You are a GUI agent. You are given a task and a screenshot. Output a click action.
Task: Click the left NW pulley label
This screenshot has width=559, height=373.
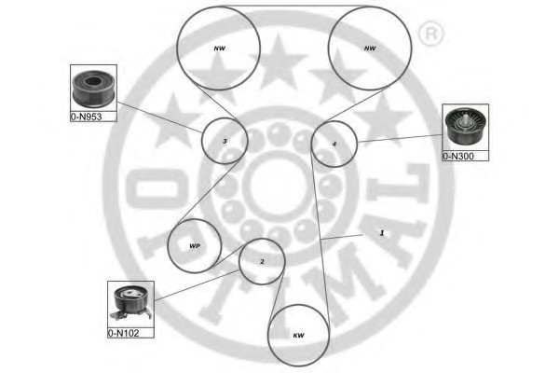[x=219, y=48]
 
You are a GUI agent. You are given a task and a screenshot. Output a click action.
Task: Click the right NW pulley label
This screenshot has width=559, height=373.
[x=370, y=48]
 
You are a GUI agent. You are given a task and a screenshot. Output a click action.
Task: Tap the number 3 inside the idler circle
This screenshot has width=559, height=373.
[x=225, y=142]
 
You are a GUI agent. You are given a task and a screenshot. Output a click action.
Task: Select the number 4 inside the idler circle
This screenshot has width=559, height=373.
[x=334, y=145]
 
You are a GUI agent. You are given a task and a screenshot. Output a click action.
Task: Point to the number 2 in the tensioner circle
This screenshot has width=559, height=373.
[x=262, y=262]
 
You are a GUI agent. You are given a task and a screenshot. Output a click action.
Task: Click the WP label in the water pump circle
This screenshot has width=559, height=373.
[x=195, y=246]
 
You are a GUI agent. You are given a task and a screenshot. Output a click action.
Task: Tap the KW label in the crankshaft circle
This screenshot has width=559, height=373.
[x=298, y=336]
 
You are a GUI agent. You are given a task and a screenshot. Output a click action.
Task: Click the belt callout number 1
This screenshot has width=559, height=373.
[x=382, y=233]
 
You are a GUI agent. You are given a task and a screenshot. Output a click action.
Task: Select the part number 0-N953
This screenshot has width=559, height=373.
[x=87, y=117]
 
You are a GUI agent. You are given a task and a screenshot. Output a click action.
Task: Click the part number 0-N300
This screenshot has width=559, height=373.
[x=458, y=156]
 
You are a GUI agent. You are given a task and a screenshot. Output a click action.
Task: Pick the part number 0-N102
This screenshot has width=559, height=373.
[x=123, y=333]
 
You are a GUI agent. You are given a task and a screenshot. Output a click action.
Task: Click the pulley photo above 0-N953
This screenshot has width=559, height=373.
[x=93, y=89]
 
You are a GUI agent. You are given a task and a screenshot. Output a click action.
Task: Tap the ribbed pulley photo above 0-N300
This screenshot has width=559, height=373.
[x=465, y=127]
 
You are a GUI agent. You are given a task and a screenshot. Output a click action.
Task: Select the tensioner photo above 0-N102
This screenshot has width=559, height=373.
[x=130, y=304]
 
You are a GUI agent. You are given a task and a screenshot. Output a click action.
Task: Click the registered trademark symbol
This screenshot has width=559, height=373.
[x=431, y=34]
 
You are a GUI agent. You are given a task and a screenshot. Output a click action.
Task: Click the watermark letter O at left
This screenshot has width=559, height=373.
[x=157, y=188]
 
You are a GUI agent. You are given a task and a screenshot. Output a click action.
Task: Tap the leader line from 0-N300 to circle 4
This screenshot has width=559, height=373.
[x=400, y=139]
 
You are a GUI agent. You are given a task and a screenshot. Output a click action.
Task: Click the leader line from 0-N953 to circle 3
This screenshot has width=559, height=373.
[x=159, y=117]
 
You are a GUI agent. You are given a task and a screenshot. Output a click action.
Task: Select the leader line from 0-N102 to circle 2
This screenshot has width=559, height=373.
[x=198, y=285]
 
